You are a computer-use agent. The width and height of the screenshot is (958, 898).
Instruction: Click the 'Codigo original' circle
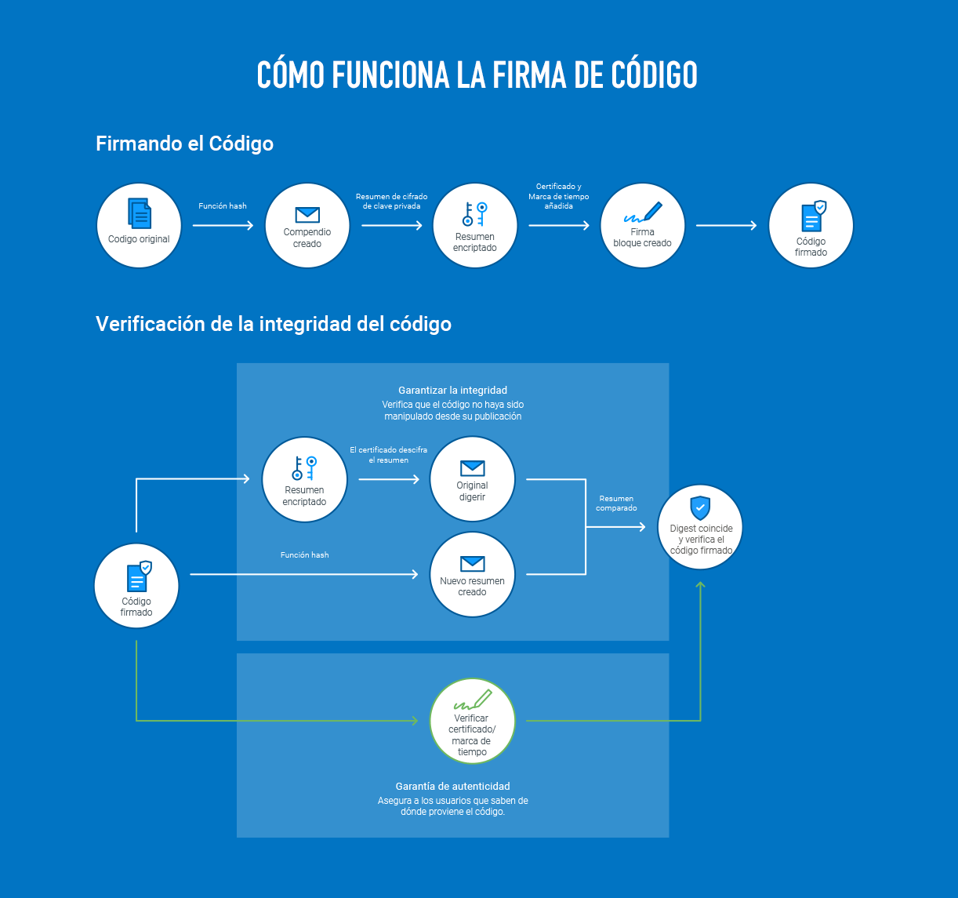coord(139,226)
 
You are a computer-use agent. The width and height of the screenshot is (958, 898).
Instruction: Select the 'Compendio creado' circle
coord(307,226)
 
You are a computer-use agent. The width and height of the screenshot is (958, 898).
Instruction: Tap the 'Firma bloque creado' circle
coord(642,226)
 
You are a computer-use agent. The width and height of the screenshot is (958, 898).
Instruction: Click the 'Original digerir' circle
coord(472,479)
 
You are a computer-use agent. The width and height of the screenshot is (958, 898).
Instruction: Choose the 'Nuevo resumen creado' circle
coord(472,575)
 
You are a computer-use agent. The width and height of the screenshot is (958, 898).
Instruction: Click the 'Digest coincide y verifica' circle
coord(701,527)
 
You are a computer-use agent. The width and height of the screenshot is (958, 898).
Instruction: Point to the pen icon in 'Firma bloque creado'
coord(643,213)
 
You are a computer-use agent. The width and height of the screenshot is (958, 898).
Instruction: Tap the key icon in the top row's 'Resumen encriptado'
coord(475,215)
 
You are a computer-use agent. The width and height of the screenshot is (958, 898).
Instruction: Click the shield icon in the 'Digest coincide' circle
coord(700,507)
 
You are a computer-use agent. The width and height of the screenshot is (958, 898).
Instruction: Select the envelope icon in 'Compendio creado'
coord(307,214)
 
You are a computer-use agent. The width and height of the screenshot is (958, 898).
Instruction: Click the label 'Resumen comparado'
coord(616,503)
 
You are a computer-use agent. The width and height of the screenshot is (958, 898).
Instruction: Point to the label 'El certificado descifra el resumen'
coord(388,455)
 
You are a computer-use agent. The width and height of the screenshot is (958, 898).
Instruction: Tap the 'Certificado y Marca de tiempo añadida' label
coord(558,196)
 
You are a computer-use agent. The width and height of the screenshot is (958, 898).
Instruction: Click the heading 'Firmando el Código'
coord(184,144)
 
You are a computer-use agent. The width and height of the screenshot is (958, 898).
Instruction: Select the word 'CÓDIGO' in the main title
coord(650,75)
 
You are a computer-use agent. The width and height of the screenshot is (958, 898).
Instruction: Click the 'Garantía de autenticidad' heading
coord(452,786)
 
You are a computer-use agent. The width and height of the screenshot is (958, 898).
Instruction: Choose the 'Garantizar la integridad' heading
coord(452,390)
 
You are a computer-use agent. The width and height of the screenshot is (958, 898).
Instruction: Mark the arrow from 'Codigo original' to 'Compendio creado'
coord(223,226)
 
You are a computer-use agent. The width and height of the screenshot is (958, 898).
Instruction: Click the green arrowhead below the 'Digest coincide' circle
coord(701,585)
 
